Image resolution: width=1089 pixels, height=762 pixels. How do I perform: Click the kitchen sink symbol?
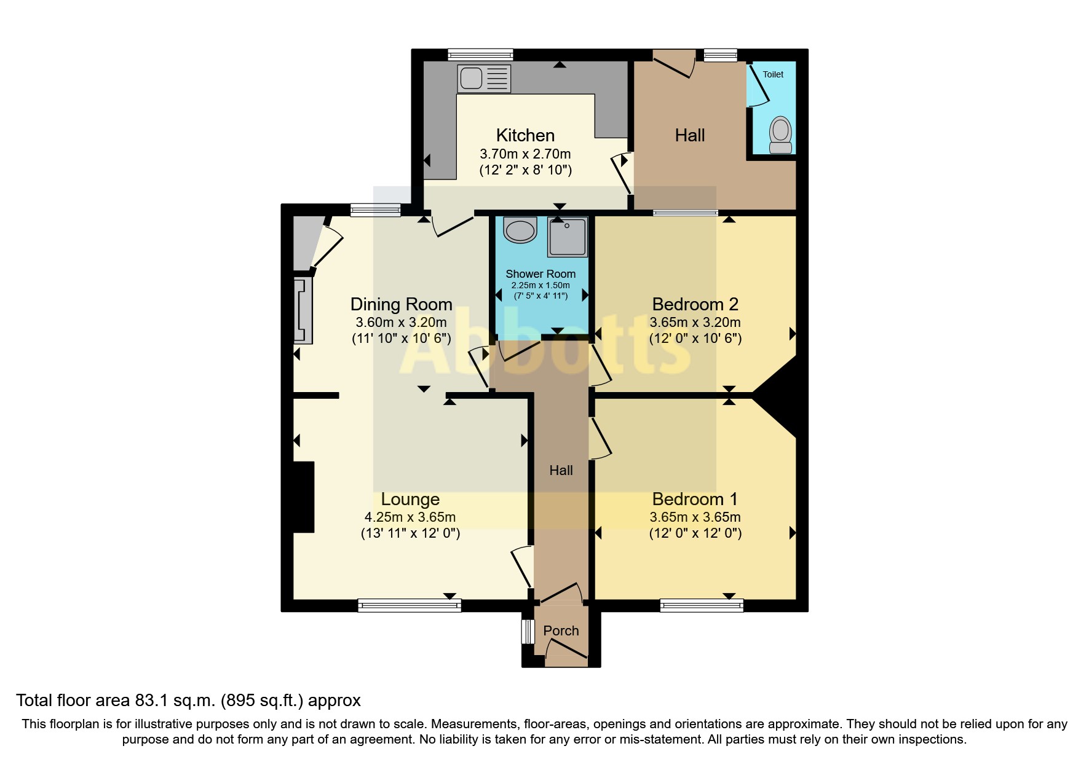pos(484,79)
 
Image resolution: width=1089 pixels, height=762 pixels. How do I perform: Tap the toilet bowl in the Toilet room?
pos(780,135)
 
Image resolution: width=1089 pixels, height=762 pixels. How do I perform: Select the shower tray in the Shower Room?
pos(567,237)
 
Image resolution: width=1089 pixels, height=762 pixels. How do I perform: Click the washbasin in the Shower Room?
pos(520,230)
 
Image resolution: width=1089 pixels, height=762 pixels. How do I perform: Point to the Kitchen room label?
pos(525,135)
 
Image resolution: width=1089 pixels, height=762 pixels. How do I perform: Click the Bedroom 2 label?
pos(695,304)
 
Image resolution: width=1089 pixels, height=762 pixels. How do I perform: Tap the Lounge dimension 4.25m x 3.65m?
pos(410,517)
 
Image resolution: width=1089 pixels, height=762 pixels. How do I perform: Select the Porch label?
pos(561,630)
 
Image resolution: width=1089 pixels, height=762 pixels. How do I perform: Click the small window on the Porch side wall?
pos(528,631)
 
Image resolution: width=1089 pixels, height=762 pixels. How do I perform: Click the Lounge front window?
pos(410,605)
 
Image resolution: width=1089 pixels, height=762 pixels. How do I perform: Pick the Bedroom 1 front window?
pos(702,605)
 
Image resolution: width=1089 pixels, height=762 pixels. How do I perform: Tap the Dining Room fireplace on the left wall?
pos(303,310)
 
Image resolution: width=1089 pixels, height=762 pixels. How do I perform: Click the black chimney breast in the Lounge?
pos(303,497)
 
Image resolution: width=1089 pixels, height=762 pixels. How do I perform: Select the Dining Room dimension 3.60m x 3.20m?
pos(401,322)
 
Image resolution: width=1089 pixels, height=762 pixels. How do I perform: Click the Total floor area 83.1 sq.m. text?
pos(188,701)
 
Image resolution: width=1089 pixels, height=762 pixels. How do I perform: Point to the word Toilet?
pos(773,74)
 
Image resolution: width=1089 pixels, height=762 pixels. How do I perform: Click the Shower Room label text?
pos(541,274)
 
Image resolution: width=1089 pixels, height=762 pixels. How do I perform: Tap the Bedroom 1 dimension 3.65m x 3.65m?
pos(695,517)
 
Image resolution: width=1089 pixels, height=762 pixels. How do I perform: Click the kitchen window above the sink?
pos(480,55)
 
